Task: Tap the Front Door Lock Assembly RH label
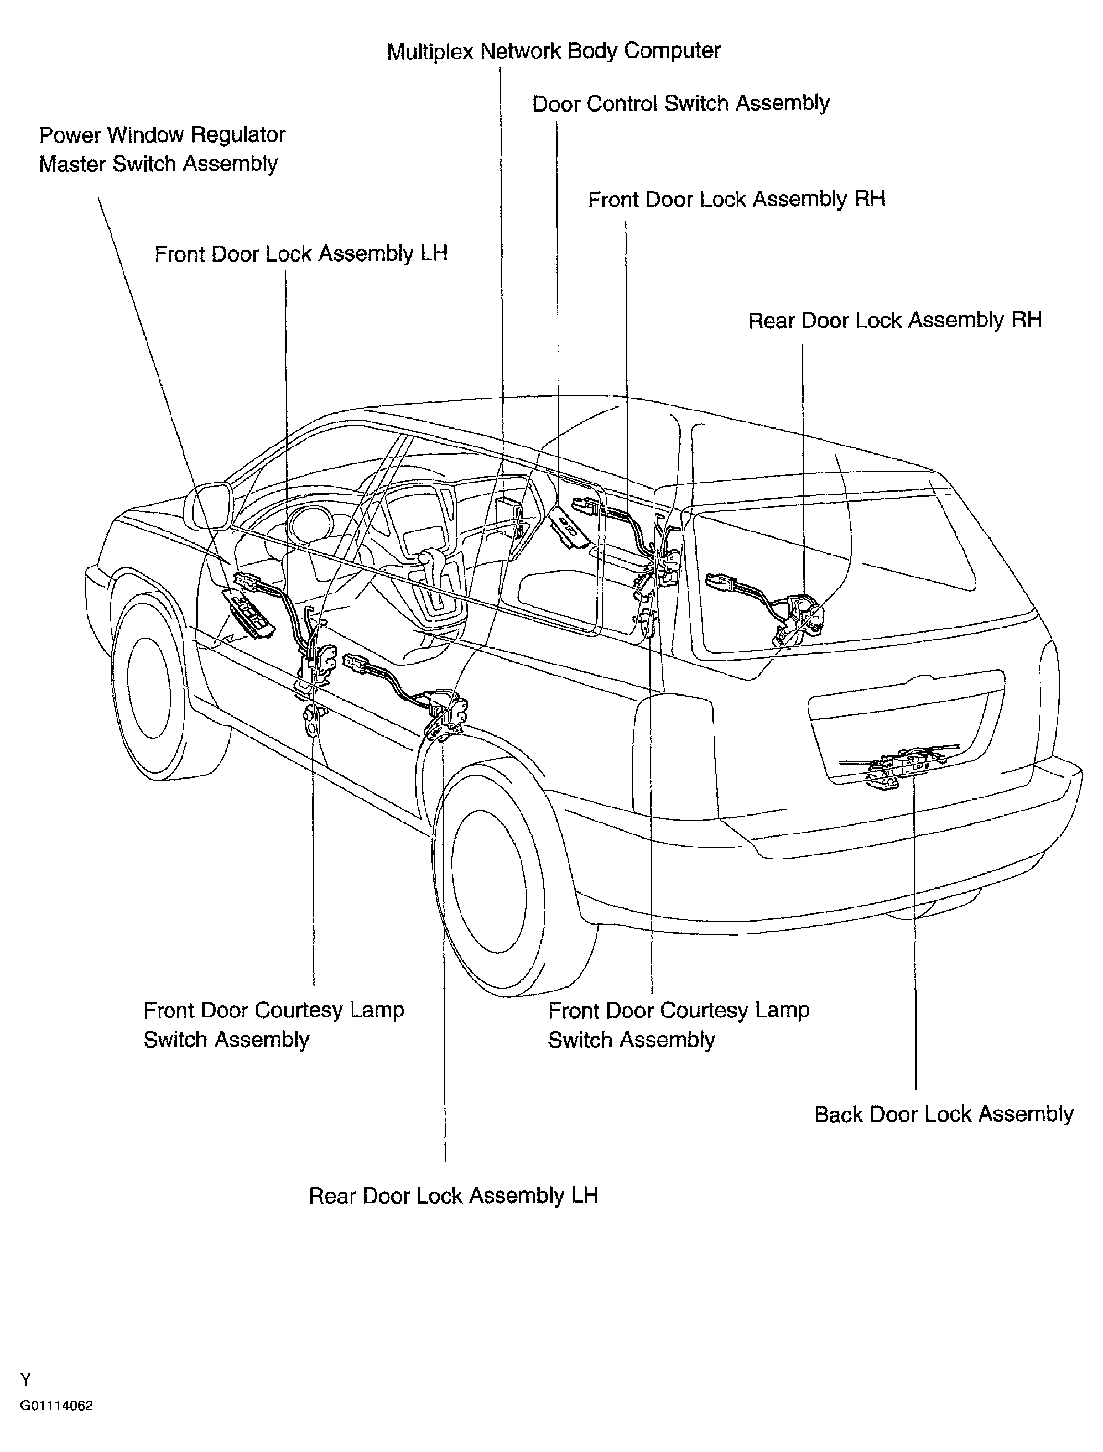pyautogui.click(x=737, y=200)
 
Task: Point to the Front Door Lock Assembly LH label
pyautogui.click(x=301, y=254)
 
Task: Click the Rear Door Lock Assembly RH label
pyautogui.click(x=895, y=320)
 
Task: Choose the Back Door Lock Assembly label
pyautogui.click(x=944, y=1114)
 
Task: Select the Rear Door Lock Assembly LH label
pyautogui.click(x=454, y=1195)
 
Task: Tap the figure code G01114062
pyautogui.click(x=56, y=1406)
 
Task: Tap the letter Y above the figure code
pyautogui.click(x=25, y=1379)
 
